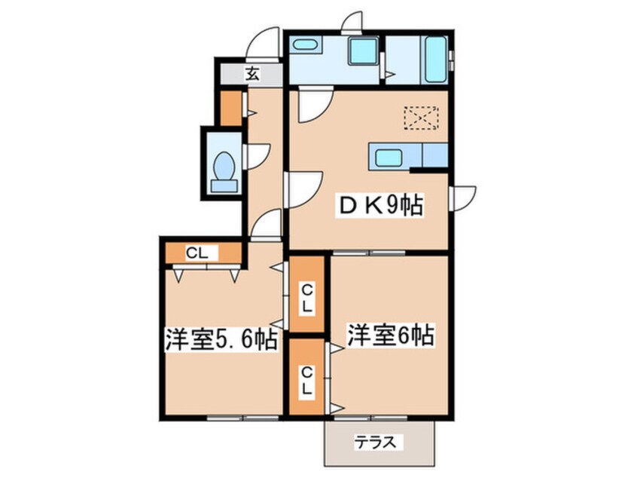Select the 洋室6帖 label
390,334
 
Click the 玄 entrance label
251,74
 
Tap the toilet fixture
224,168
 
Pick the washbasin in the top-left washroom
305,44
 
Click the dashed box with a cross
421,118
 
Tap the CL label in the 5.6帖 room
197,253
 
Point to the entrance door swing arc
265,44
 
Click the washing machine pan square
364,51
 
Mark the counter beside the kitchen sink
435,157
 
